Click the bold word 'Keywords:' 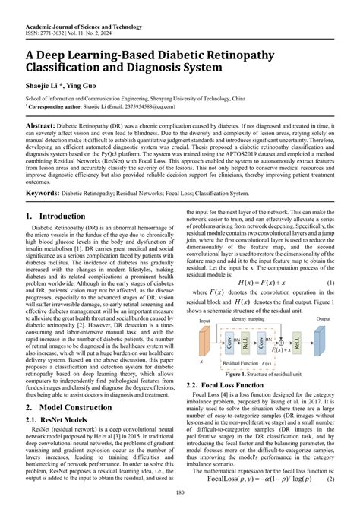[45, 193]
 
